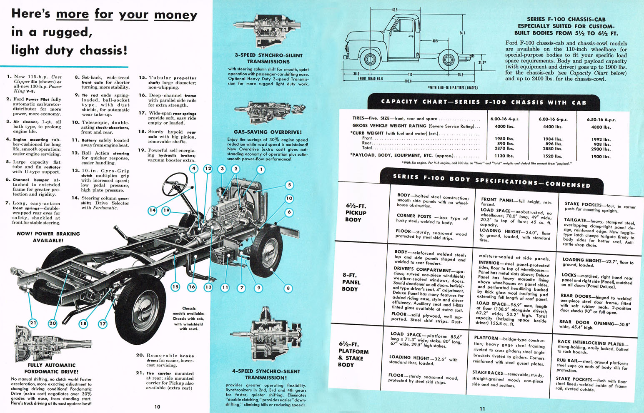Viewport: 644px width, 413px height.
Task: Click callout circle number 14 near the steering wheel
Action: click(x=153, y=210)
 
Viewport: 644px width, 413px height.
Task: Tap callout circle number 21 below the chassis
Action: click(x=33, y=323)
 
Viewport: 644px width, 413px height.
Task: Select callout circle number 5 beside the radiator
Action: click(x=289, y=185)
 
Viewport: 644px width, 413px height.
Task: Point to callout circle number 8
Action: click(x=288, y=288)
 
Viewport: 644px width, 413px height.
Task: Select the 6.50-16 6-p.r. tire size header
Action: click(x=601, y=119)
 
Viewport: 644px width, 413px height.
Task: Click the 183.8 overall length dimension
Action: click(x=408, y=81)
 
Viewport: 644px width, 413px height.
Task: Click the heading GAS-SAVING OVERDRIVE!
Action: click(x=268, y=132)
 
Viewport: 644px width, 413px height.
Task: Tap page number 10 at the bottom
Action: click(x=157, y=407)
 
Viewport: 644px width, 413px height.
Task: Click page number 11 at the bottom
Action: click(x=482, y=408)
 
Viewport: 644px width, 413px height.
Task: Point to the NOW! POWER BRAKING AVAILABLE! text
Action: click(x=48, y=237)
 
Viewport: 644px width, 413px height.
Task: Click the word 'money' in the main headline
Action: click(x=175, y=15)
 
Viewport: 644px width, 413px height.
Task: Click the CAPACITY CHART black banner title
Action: click(x=484, y=102)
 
